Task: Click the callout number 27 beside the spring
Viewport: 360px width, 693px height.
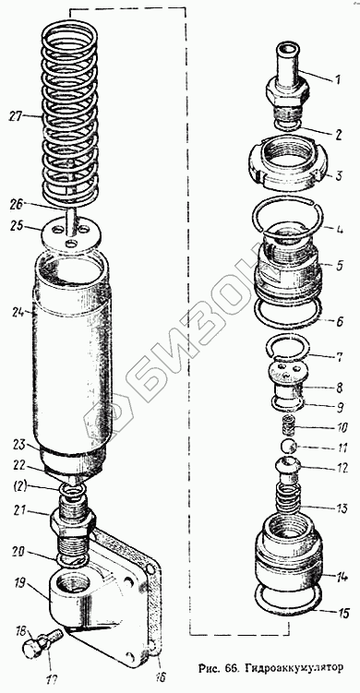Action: pos(17,117)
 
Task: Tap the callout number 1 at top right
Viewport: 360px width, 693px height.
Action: pos(337,80)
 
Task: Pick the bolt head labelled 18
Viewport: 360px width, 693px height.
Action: pos(30,651)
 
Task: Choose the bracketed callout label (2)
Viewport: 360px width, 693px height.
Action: pos(19,487)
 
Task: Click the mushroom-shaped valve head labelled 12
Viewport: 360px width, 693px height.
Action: pos(288,465)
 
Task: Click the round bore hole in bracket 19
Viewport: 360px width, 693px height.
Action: pos(71,582)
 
